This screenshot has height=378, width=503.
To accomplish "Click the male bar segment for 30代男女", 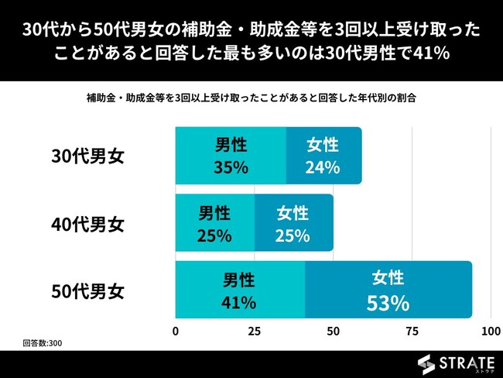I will tap(231, 156).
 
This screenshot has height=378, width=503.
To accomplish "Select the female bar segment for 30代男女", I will tap(323, 156).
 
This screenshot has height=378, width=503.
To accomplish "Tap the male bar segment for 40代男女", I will tap(215, 222).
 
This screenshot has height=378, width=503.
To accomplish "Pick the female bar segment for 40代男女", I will tap(293, 222).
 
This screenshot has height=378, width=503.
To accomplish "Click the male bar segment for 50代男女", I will tap(240, 290).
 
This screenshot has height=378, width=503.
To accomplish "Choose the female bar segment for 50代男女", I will tap(388, 290).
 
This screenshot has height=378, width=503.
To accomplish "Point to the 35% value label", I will tap(231, 167).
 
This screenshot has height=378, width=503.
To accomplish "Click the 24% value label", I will tap(323, 167).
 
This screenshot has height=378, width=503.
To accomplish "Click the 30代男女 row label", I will tap(87, 156).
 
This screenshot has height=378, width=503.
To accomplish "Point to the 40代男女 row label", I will tap(87, 225).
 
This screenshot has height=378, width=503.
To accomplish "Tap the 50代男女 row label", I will tap(87, 292).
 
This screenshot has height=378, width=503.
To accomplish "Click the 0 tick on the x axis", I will tap(176, 332).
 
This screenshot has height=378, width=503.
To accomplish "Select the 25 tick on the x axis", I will tap(254, 332).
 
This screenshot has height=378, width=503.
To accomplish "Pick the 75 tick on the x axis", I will tap(412, 332).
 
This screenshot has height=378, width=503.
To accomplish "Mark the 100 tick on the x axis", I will tap(491, 332).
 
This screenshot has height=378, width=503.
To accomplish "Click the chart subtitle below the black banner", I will tap(251, 99).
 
